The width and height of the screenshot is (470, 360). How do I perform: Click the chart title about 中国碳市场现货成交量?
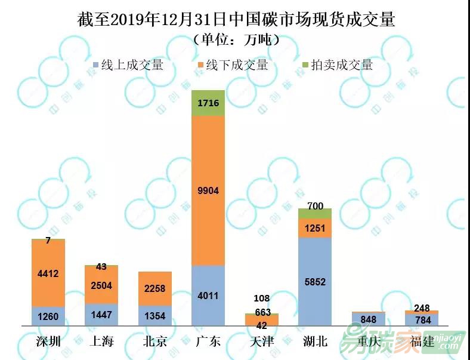coord(236,19)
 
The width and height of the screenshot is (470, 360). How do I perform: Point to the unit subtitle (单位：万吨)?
coord(236,41)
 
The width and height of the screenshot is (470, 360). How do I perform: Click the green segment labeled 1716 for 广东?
coord(208,103)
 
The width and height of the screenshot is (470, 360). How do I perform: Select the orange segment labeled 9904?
coord(208,190)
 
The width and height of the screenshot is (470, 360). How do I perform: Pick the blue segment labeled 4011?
coord(208,296)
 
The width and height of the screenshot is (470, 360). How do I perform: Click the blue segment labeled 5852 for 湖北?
coord(314,281)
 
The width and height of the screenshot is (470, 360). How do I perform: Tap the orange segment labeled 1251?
coord(314,228)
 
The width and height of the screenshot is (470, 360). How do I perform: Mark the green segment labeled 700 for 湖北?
coord(314,214)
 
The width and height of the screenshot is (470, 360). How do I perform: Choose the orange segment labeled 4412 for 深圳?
coord(48,273)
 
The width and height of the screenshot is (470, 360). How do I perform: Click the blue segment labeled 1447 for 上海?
coord(101,315)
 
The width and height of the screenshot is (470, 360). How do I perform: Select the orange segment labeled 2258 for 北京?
coord(154,288)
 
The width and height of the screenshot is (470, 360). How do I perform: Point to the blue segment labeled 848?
coord(368,319)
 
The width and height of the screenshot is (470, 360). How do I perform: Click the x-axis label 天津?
coord(261,341)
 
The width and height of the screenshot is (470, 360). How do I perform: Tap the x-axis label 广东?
coord(208,341)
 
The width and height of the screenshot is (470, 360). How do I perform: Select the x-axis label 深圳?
coord(48,341)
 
